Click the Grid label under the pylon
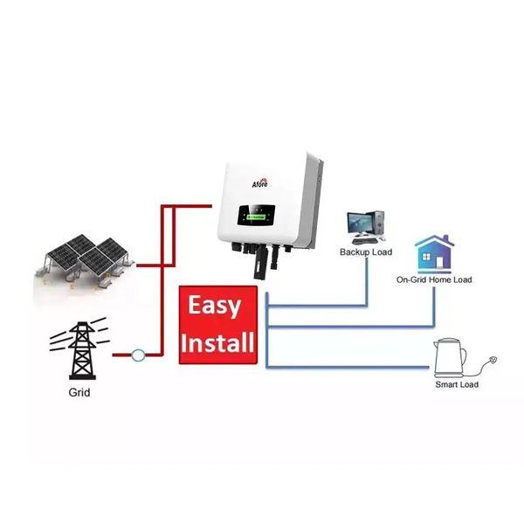(x=79, y=393)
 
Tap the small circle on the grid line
(x=136, y=355)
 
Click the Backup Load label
(x=366, y=252)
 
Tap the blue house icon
(x=433, y=252)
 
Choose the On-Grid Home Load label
(x=434, y=279)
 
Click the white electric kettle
(x=451, y=356)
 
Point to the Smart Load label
(x=457, y=384)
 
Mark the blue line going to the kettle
(x=349, y=363)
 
